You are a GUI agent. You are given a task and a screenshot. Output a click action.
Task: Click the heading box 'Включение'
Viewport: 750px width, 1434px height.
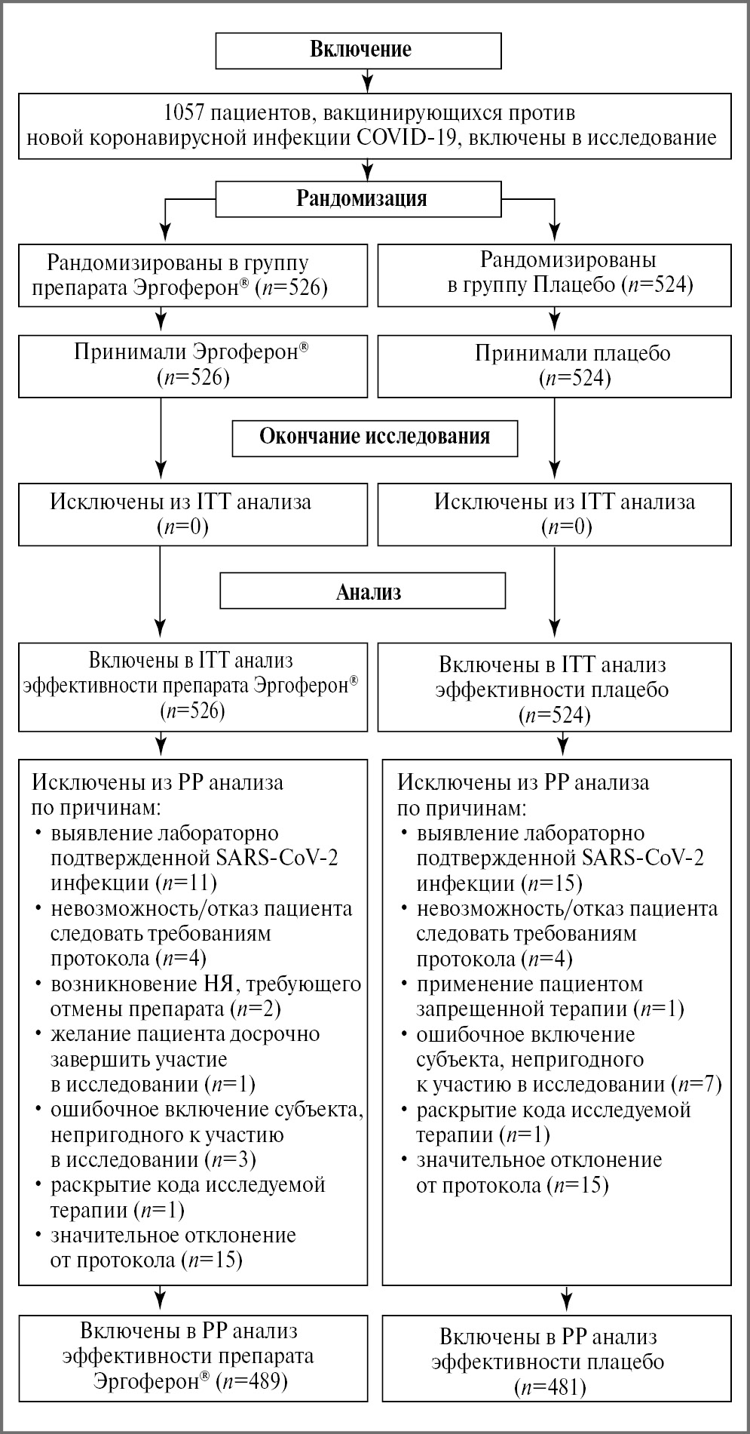360,51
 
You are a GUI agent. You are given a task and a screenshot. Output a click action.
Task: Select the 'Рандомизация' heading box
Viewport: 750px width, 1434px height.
360,199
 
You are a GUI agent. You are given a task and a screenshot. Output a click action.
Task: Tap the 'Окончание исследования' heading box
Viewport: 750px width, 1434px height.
375,437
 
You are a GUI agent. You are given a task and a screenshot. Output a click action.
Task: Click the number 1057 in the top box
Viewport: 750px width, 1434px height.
185,114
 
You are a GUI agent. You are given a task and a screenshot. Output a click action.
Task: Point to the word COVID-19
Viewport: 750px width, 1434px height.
505,138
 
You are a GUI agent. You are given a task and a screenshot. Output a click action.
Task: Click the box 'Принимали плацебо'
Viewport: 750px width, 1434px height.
554,365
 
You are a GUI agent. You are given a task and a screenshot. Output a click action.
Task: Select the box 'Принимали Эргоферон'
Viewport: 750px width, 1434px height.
192,365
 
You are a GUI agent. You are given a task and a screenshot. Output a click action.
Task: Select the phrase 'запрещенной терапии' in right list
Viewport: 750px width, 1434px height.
521,1009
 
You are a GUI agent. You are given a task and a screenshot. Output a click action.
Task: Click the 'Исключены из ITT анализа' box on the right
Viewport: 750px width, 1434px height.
554,514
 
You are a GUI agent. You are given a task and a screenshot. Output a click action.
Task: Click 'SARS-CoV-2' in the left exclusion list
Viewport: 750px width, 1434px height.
277,858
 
